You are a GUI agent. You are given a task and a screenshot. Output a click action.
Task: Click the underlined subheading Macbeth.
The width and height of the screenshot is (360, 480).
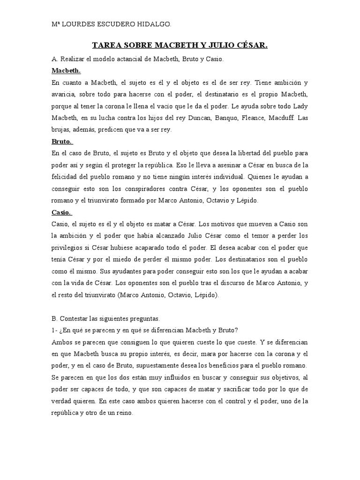[x=66, y=71]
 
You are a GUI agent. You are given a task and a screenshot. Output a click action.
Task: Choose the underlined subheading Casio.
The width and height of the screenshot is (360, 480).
[x=62, y=212]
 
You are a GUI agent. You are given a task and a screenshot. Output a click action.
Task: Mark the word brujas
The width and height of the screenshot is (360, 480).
[x=61, y=129]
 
